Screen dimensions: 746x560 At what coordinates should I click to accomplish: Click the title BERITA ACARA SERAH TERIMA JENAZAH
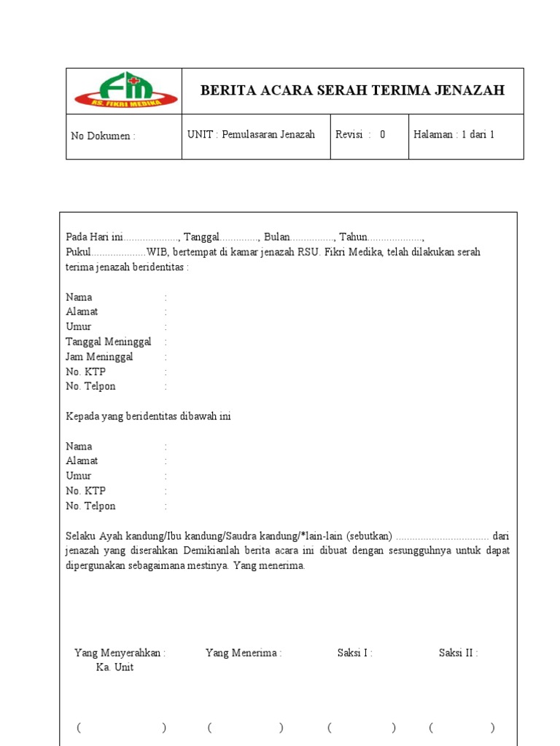(x=352, y=90)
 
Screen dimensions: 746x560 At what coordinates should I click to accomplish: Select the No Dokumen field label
(x=103, y=136)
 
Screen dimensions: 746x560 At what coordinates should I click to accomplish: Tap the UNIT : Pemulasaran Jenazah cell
(x=251, y=135)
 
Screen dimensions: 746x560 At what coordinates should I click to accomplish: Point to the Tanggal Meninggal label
(x=109, y=342)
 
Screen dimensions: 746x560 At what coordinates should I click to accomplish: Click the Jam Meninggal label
(x=100, y=357)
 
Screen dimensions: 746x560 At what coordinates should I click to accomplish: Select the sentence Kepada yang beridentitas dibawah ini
(x=149, y=416)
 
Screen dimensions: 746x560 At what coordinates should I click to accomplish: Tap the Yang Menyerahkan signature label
(x=120, y=653)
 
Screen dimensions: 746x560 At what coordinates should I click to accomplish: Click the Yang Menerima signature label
(x=244, y=653)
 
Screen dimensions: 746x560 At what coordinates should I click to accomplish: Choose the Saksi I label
(x=354, y=653)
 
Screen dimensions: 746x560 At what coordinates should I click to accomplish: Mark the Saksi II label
(x=458, y=653)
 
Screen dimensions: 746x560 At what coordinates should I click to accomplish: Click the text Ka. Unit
(x=114, y=667)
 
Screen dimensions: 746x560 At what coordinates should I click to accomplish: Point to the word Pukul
(x=78, y=252)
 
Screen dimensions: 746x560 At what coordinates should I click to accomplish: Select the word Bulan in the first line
(x=277, y=237)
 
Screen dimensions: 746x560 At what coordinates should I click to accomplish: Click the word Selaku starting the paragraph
(x=81, y=535)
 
